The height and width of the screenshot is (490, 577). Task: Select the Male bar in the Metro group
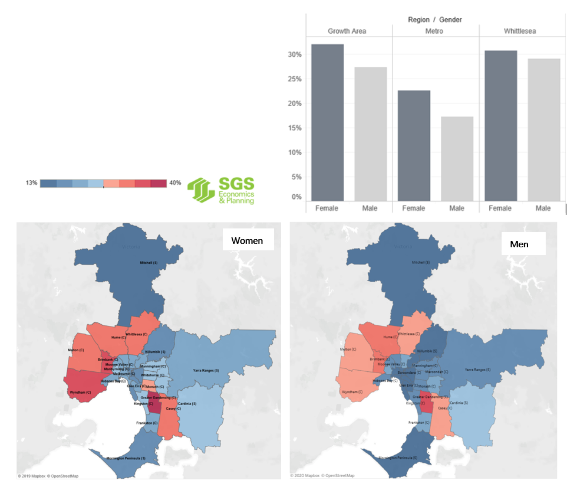(x=457, y=158)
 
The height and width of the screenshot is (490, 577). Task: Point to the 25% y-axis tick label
(x=295, y=79)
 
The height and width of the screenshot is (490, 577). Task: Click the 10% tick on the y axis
(x=295, y=153)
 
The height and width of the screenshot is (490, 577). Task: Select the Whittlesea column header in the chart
(x=520, y=31)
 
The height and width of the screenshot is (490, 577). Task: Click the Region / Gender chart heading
(x=435, y=20)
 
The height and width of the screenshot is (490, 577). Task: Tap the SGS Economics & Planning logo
(x=221, y=190)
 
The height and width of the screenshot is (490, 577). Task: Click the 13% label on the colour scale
(x=32, y=183)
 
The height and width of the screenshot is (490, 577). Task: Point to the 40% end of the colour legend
(x=175, y=183)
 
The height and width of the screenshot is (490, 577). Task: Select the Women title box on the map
(x=247, y=241)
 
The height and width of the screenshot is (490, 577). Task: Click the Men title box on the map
(x=519, y=244)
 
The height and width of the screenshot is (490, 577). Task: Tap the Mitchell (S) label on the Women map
(x=148, y=263)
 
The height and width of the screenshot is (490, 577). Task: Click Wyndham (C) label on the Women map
(x=80, y=393)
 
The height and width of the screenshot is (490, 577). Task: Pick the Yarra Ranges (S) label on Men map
(x=477, y=370)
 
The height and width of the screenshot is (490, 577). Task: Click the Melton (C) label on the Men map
(x=348, y=349)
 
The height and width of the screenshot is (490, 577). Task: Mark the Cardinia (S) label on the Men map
(x=459, y=403)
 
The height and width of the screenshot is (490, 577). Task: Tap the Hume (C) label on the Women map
(x=118, y=337)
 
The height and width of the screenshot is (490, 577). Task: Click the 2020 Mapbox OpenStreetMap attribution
(x=322, y=476)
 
